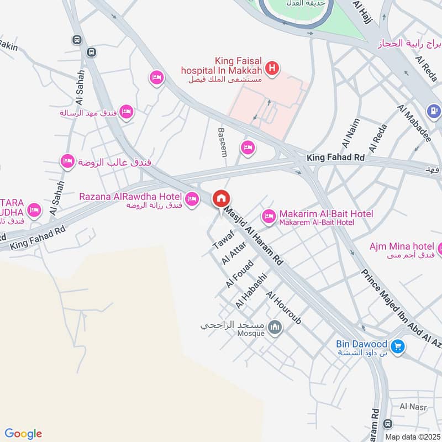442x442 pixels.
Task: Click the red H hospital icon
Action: pos(271,69)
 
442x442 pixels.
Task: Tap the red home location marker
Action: pos(222,198)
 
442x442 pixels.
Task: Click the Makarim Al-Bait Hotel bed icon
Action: pos(269,217)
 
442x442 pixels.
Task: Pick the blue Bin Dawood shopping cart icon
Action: pos(397,346)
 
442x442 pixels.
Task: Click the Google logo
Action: pos(23,434)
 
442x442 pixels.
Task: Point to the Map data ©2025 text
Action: pos(412,436)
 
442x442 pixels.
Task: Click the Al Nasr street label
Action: pos(410,407)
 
